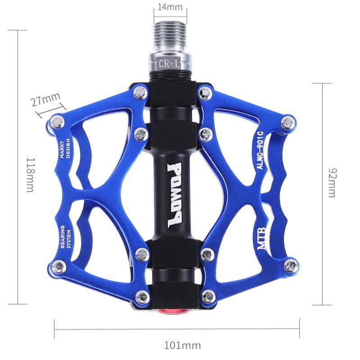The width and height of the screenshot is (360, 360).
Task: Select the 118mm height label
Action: point(30,175)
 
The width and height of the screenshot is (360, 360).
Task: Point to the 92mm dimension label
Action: point(332,182)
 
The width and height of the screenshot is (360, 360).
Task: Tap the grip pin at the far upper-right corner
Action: point(288,121)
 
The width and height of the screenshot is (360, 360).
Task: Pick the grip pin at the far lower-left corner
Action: point(57,267)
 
